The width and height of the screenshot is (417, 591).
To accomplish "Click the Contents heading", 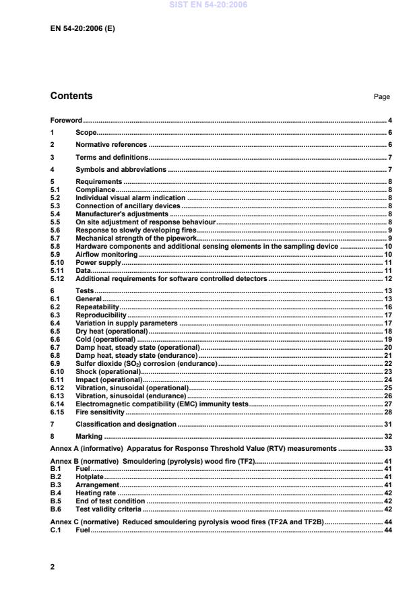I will click(71, 96).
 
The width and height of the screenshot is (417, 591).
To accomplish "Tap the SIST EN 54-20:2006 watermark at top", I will click(209, 4).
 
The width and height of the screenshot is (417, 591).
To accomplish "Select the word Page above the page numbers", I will click(381, 97).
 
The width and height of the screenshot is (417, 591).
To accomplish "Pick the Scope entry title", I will click(86, 133).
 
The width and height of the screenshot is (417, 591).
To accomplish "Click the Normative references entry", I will click(110, 145).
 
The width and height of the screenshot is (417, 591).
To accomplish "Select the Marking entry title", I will click(89, 436).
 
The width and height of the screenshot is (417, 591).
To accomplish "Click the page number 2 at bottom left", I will click(53, 567).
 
